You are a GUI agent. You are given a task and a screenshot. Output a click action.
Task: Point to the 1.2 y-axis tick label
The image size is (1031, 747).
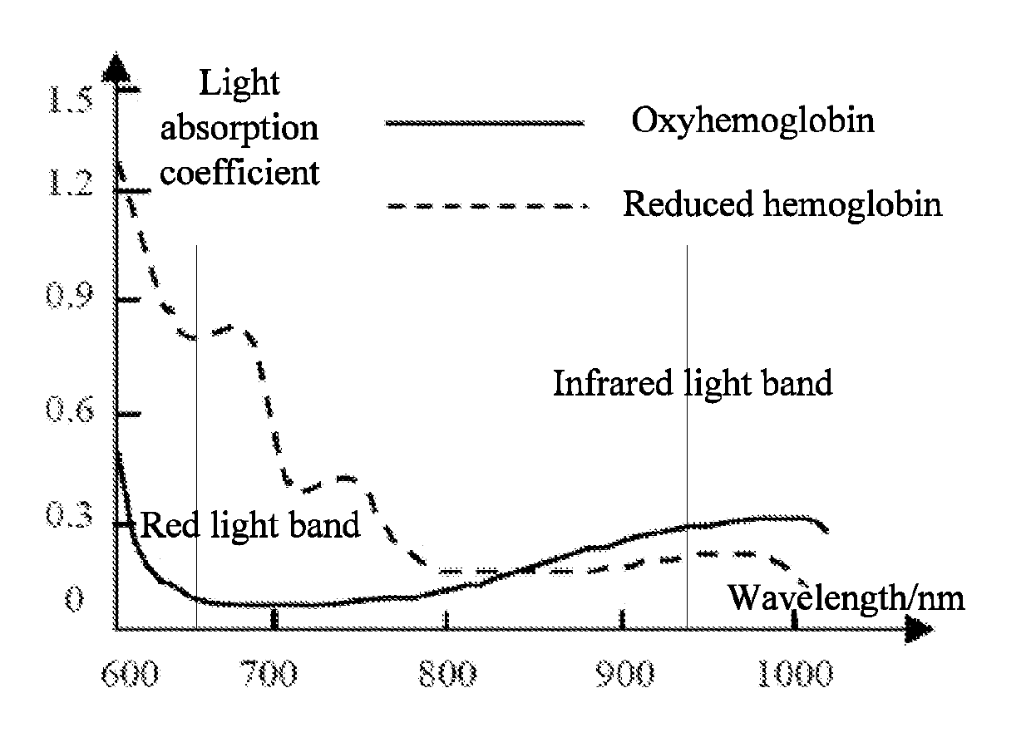(x=71, y=183)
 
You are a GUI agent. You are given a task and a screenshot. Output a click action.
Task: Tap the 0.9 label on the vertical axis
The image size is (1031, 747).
(x=70, y=294)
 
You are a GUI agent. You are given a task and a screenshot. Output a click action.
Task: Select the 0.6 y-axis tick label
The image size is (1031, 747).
(x=70, y=409)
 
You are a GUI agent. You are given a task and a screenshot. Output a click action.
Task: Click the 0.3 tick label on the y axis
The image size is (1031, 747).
(x=70, y=514)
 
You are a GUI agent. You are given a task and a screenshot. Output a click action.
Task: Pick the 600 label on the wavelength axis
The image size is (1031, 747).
(x=131, y=674)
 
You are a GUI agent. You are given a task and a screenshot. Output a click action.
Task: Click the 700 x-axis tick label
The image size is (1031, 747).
(x=269, y=674)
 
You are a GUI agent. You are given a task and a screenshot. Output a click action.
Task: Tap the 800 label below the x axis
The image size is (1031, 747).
(x=447, y=674)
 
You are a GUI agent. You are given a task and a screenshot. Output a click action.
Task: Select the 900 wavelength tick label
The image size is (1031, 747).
(x=624, y=674)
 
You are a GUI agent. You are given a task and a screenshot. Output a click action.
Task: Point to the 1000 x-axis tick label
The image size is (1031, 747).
(x=796, y=674)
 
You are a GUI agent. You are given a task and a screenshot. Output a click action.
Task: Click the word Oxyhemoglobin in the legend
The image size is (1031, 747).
(x=753, y=121)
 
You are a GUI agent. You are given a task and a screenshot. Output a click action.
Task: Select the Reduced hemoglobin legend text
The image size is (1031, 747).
(x=782, y=204)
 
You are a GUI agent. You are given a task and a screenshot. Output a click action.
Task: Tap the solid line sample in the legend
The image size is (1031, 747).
(x=485, y=123)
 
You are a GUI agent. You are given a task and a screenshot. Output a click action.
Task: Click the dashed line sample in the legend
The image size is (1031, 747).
(x=487, y=206)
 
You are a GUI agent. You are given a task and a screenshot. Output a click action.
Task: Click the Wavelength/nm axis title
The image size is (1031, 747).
(x=846, y=599)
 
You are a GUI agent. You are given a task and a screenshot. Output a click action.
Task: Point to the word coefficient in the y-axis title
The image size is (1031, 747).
(x=239, y=173)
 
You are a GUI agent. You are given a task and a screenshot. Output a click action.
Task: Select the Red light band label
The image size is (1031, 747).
(x=250, y=525)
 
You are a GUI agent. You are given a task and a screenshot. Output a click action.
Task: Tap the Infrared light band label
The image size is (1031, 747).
(x=693, y=384)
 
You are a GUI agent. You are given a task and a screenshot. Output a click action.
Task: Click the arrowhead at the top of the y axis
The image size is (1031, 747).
(x=116, y=68)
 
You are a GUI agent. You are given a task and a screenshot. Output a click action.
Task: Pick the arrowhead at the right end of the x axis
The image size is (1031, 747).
(x=919, y=629)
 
